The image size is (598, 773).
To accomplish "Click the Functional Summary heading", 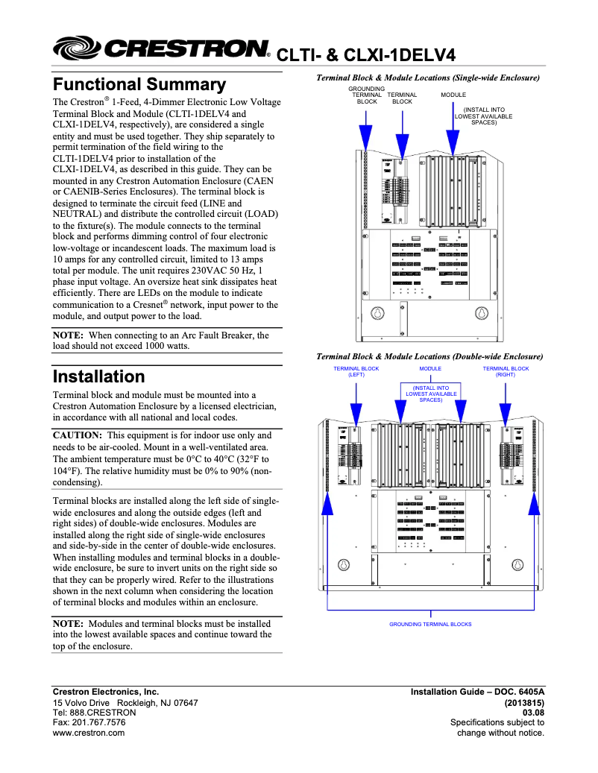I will pos(139,84).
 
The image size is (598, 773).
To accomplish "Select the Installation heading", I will pos(98,376).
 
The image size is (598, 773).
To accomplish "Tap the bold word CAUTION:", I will pos(78,435).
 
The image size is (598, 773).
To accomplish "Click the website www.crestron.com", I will pos(88,733).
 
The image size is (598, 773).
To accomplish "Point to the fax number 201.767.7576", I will pos(89,722).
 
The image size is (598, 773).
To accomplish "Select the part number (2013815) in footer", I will pos(524,702).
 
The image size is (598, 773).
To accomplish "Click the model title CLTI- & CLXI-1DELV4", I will pos(365,54).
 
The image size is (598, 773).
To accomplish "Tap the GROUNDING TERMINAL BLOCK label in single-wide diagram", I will pos(366,95).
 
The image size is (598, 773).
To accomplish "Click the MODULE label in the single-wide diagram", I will pos(453,95).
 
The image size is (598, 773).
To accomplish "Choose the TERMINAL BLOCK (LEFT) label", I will pos(356,372).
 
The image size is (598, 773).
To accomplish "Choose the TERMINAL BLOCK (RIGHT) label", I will pos(506,372).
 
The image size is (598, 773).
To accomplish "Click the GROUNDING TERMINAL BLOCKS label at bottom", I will pos(430,624).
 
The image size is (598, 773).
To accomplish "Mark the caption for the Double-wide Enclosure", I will pos(429,356).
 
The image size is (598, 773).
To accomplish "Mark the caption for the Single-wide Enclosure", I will pos(428,78).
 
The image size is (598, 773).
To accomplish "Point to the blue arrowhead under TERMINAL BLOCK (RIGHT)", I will pos(506,414).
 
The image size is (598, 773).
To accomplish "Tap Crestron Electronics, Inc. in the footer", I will pos(105,692).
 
